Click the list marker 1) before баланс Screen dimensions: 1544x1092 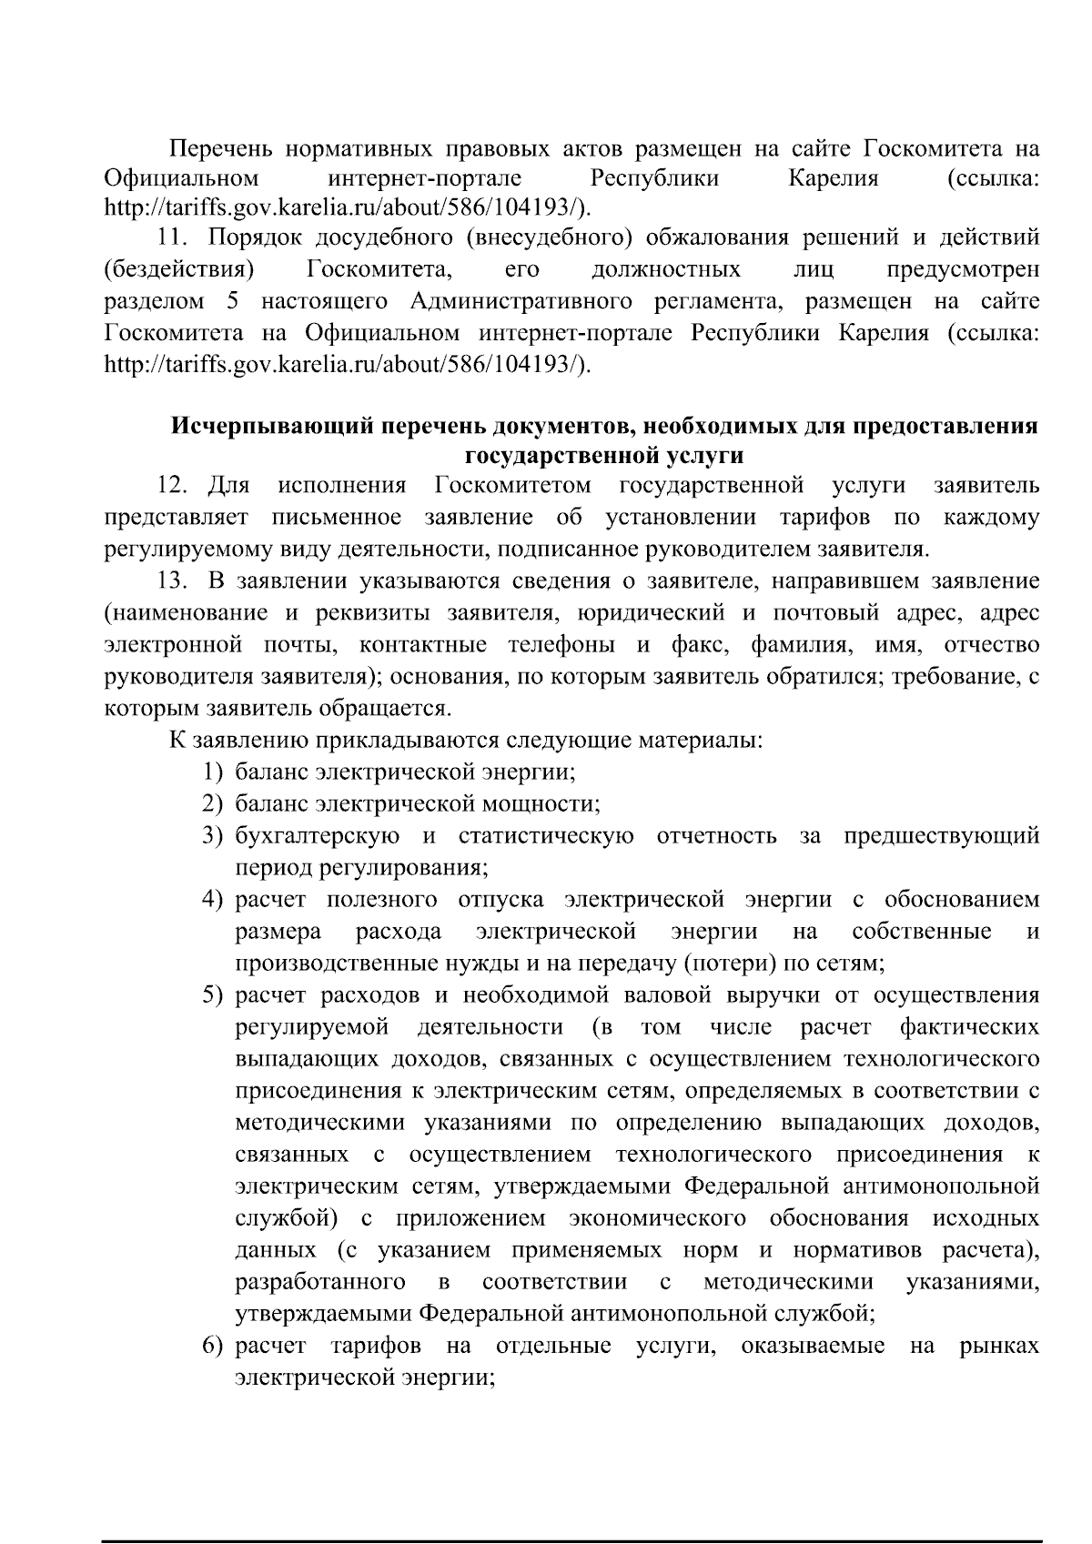tap(212, 772)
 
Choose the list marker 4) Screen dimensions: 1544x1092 tap(212, 900)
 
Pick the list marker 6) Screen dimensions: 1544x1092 tap(212, 1346)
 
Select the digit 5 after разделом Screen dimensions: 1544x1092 tap(233, 301)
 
